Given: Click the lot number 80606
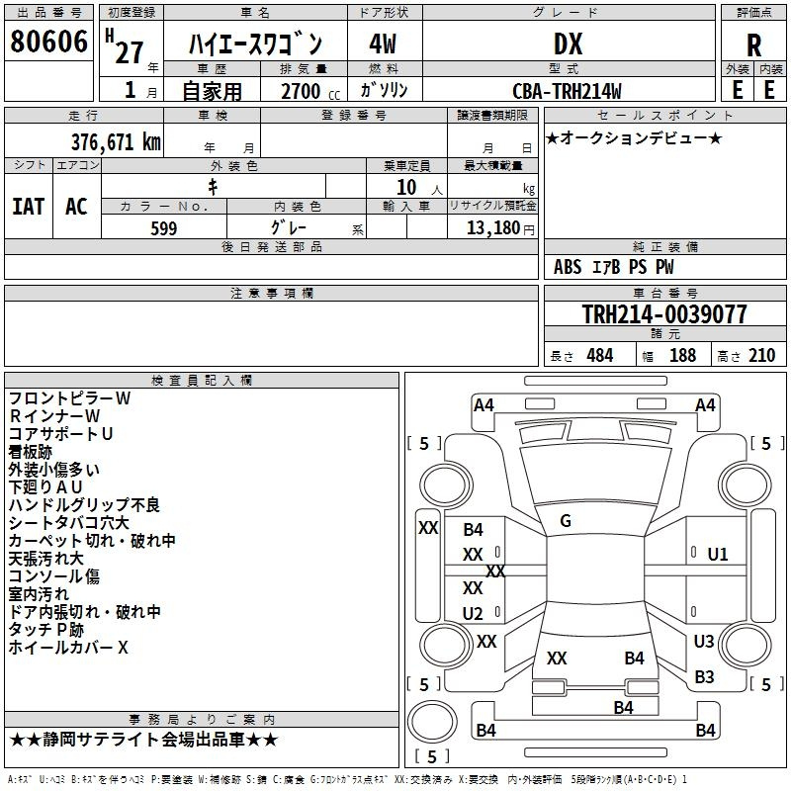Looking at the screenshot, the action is pyautogui.click(x=48, y=42).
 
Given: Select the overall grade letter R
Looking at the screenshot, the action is pyautogui.click(x=753, y=45).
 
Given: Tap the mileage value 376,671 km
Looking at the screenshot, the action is pyautogui.click(x=116, y=142).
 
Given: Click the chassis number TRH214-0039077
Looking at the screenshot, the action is pyautogui.click(x=664, y=313).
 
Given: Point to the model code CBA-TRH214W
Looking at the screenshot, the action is pyautogui.click(x=567, y=91).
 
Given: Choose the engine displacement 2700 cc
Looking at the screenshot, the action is pyautogui.click(x=310, y=91).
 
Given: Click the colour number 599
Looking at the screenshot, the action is pyautogui.click(x=164, y=228).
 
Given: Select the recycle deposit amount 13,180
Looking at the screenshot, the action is pyautogui.click(x=493, y=228).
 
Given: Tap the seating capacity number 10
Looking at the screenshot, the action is pyautogui.click(x=406, y=188).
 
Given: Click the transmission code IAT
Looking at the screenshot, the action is pyautogui.click(x=29, y=207).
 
